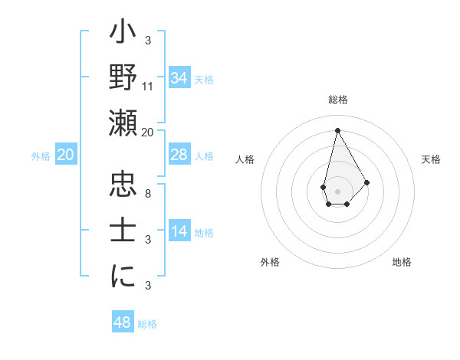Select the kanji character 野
tap(123, 79)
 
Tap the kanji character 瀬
tap(123, 123)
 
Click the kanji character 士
tap(123, 230)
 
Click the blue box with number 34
tap(179, 78)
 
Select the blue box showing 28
tap(179, 155)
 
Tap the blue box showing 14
tap(179, 231)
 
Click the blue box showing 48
tap(123, 322)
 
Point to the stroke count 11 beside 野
tap(148, 86)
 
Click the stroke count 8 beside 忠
tap(148, 193)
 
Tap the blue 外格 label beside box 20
tap(41, 156)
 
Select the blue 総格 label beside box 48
tap(147, 324)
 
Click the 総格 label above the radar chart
tap(338, 100)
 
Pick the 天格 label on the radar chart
tap(432, 159)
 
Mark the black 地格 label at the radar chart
tap(402, 262)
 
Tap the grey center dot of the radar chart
tap(337, 190)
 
